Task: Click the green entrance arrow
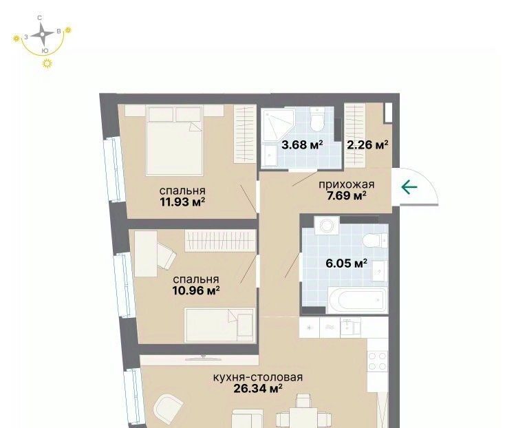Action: tap(409, 187)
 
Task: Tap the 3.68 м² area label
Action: tap(302, 145)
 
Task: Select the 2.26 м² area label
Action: tap(367, 145)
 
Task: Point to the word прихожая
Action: tap(347, 184)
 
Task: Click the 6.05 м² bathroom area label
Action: tap(346, 263)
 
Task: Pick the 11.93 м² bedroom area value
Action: tap(182, 202)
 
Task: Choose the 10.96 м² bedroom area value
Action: tap(196, 290)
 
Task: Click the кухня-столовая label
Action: tap(258, 377)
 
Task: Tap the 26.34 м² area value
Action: tap(258, 389)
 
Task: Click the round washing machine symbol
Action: tap(326, 226)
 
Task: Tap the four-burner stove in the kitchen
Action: tap(378, 361)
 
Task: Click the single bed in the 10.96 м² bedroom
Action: tap(219, 325)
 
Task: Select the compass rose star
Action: tap(42, 34)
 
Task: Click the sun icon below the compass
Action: tap(47, 63)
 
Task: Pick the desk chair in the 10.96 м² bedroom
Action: tap(167, 255)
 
